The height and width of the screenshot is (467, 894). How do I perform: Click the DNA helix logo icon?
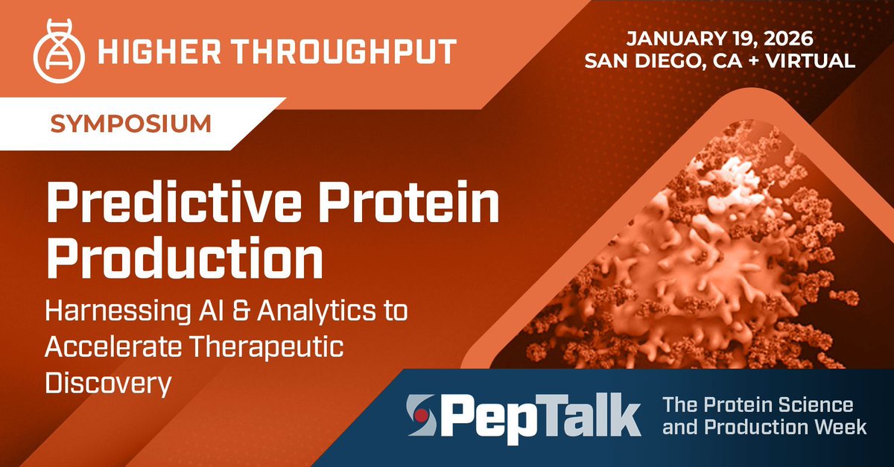(59, 51)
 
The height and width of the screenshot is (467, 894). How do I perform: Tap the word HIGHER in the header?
(159, 51)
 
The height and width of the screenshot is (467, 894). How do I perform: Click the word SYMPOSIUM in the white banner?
(131, 124)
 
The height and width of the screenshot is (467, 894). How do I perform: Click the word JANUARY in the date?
(667, 38)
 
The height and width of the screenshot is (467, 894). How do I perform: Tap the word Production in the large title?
(185, 258)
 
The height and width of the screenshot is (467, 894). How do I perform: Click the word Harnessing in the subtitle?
(118, 311)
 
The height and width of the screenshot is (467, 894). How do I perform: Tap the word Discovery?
(109, 384)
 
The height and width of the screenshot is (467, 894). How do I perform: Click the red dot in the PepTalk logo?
(419, 416)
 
